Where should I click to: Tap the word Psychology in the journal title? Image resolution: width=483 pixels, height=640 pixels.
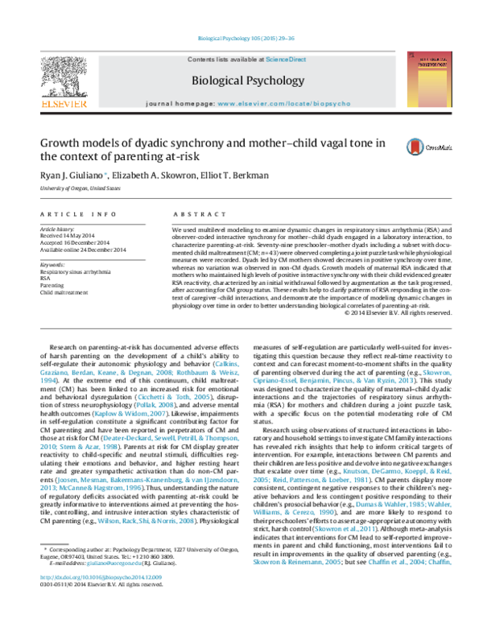coord(277,81)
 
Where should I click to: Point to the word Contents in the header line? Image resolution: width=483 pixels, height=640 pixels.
coord(201,60)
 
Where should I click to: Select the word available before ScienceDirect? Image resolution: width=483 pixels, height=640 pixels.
coord(246,60)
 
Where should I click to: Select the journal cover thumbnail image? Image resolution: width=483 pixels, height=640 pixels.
coord(428,79)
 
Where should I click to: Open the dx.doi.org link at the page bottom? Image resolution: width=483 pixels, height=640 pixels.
coord(101,577)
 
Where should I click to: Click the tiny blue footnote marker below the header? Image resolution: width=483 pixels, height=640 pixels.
coord(105,172)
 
